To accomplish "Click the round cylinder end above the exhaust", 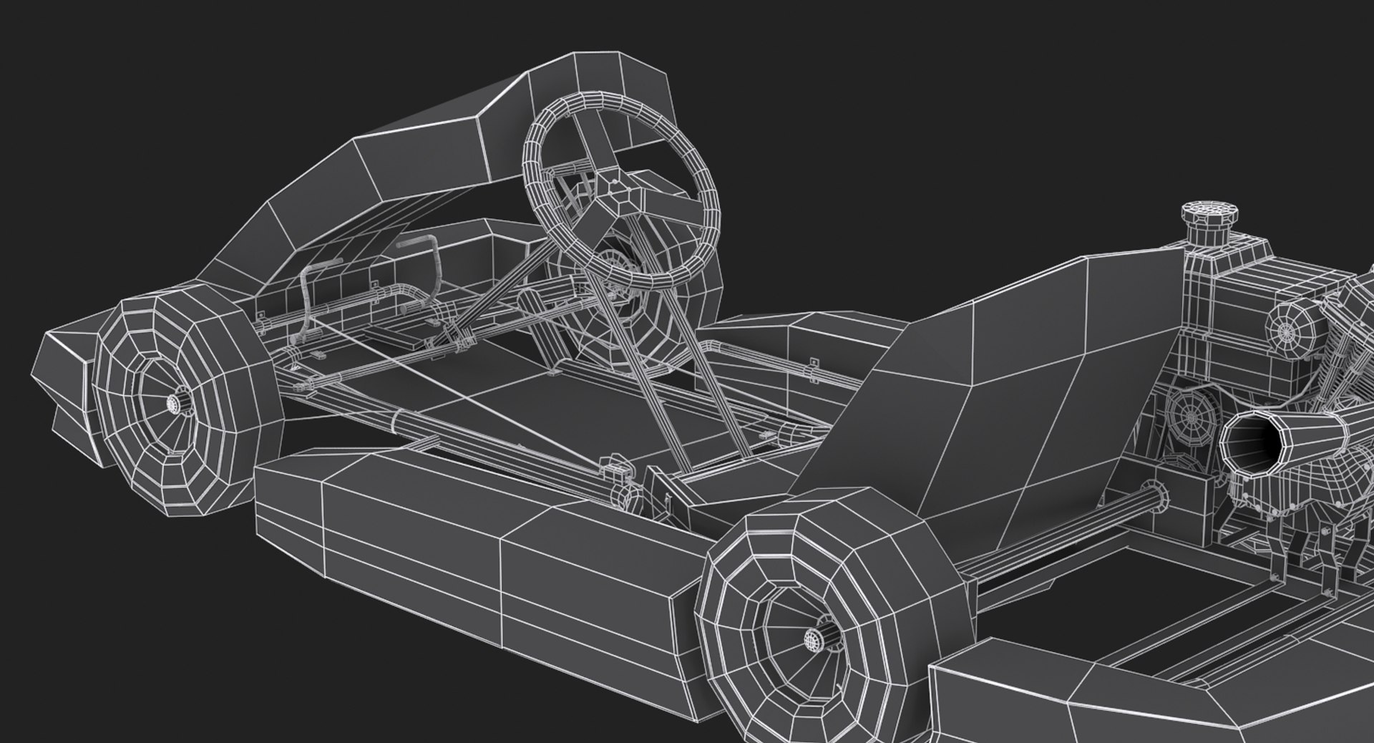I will tap(1288, 329).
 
